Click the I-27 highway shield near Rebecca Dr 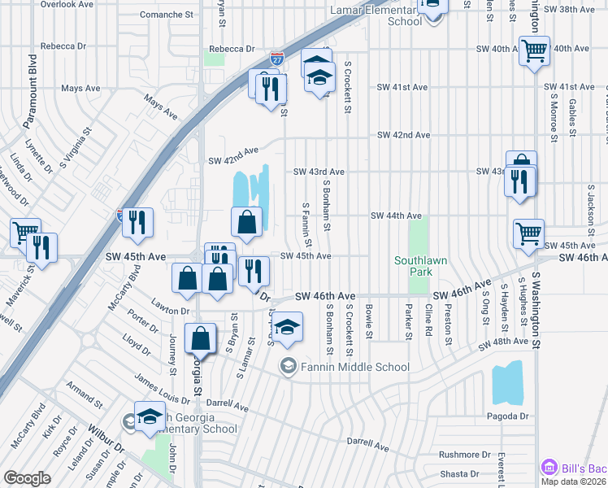coord(277,59)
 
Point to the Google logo coord(27,478)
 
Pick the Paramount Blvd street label coord(33,79)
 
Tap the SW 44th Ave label coord(396,216)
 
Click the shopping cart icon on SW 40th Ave coord(534,50)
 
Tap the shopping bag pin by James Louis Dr coord(200,337)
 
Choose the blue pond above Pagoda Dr coord(508,385)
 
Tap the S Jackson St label coord(591,203)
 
